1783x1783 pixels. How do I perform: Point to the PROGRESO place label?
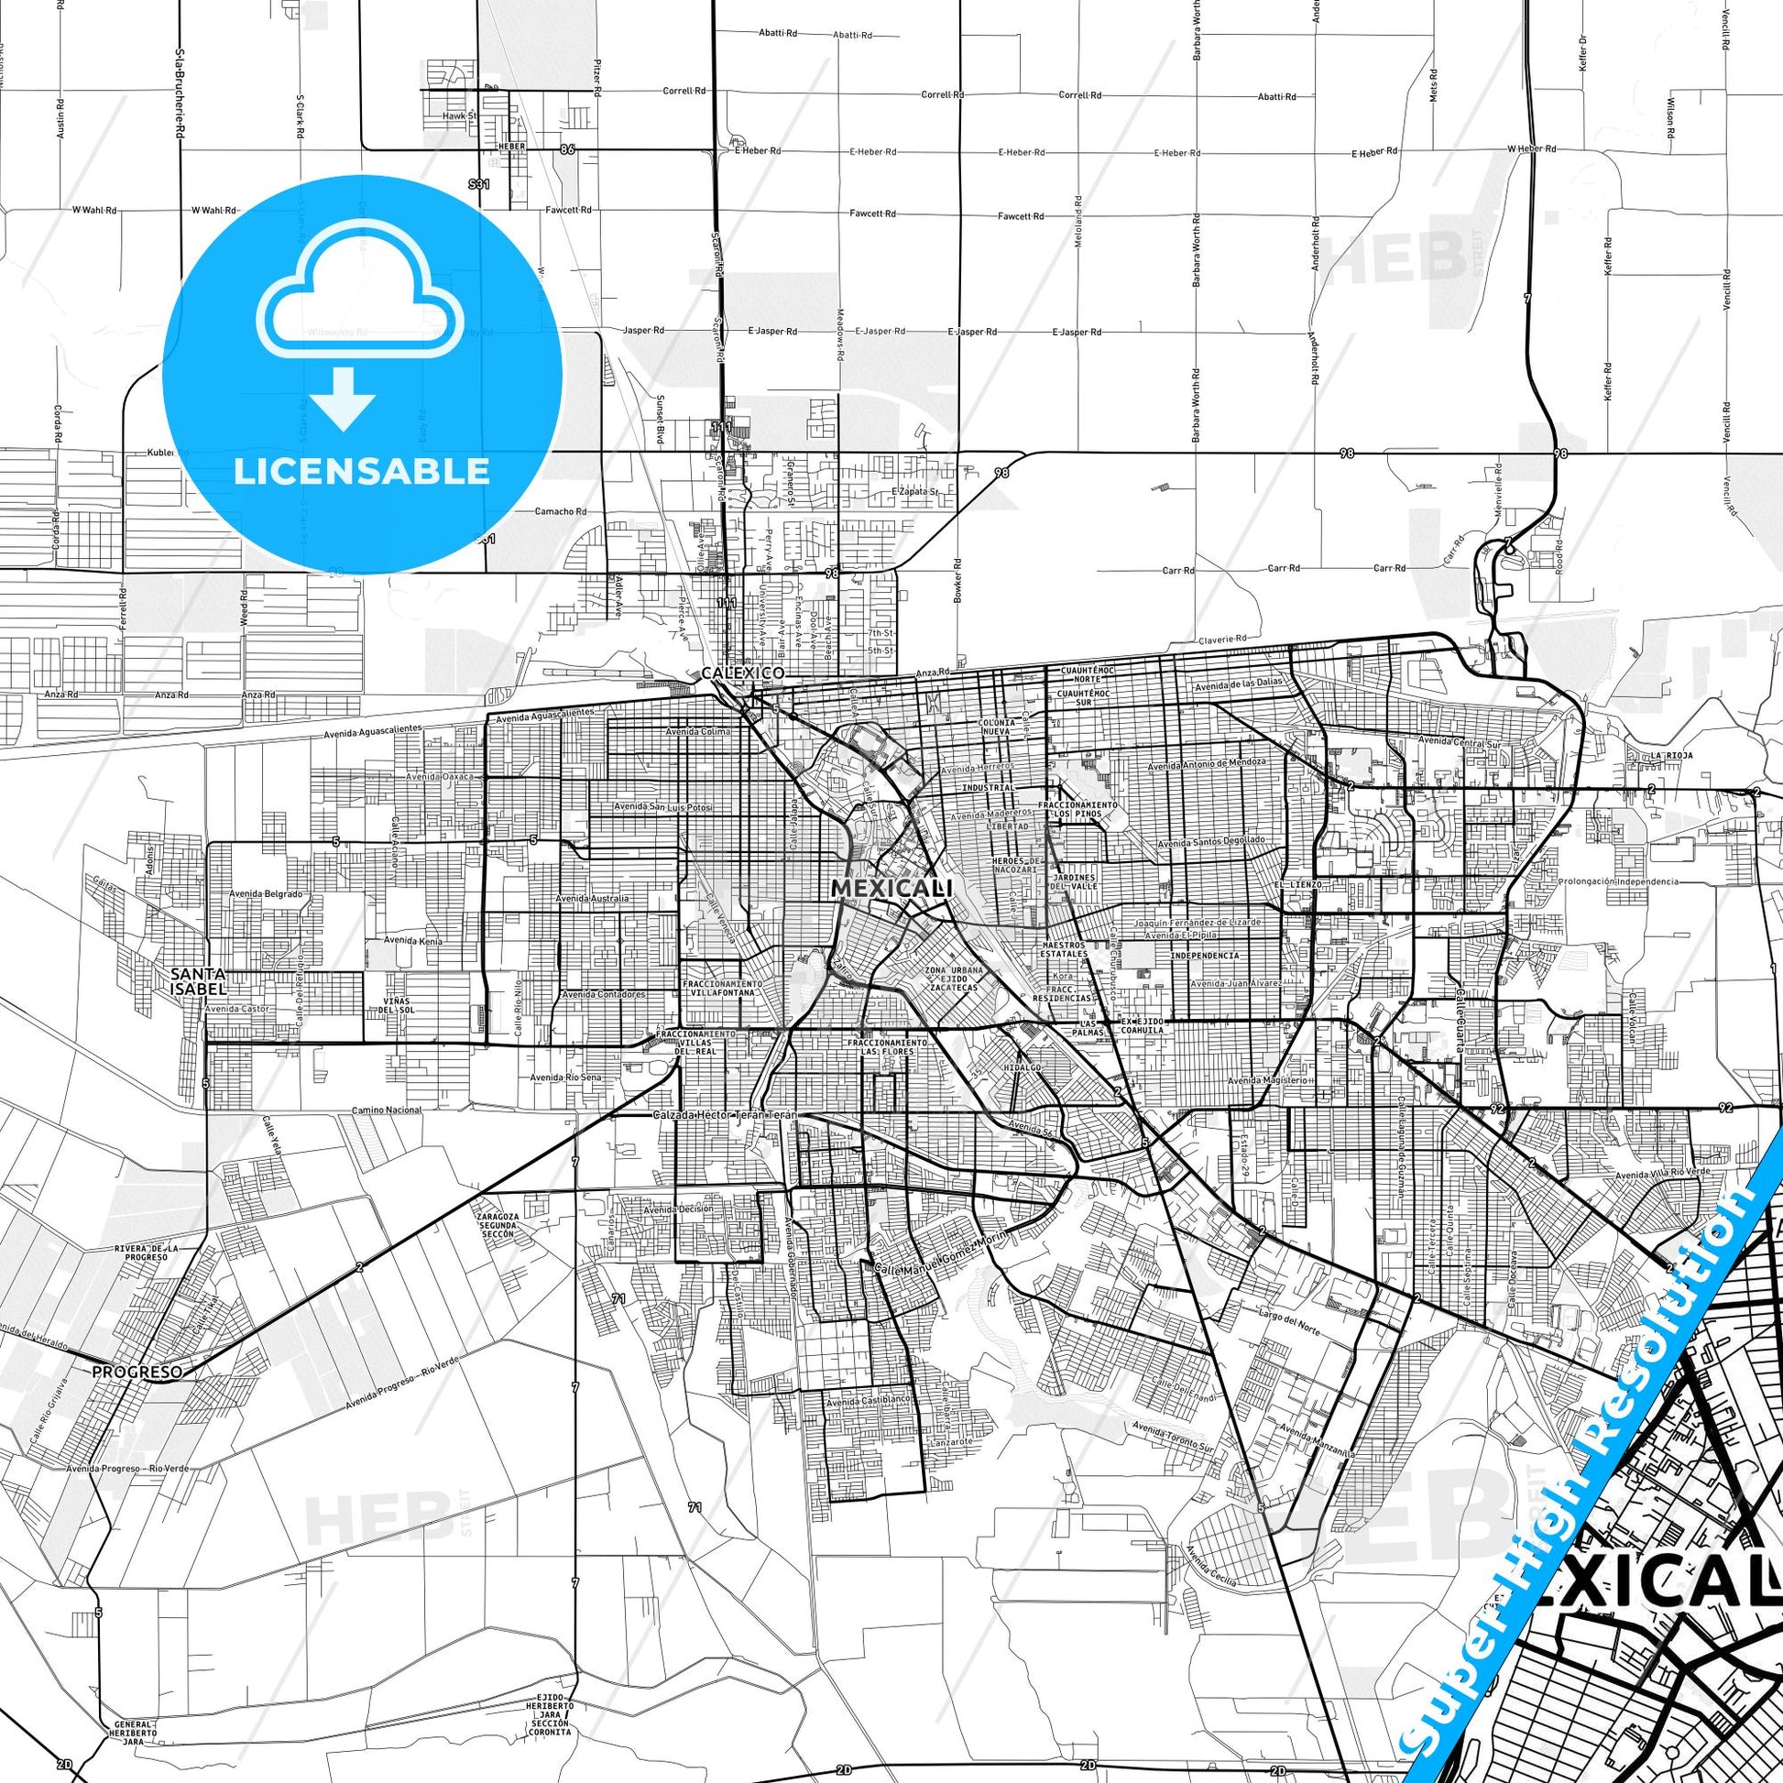137,1373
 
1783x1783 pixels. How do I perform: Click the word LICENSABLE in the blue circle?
362,472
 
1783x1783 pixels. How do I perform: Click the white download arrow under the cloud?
343,398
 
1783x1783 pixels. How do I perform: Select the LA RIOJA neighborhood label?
1672,755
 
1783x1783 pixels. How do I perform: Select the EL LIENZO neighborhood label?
1298,884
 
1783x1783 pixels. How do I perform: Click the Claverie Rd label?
1222,639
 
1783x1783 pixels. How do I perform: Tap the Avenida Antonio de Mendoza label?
1206,764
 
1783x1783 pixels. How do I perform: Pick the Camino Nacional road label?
386,1110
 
